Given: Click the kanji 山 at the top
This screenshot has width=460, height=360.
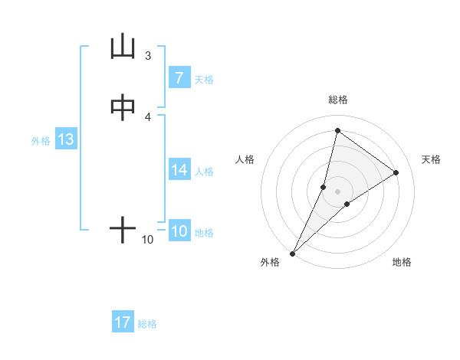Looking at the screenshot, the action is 123,47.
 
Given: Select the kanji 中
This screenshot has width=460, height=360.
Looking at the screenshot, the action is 123,108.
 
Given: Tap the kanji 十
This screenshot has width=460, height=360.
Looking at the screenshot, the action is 123,230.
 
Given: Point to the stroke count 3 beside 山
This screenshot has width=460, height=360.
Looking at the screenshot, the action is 148,56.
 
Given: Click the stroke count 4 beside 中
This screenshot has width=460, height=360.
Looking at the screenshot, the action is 148,116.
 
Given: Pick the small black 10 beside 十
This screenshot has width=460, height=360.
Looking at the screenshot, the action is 148,240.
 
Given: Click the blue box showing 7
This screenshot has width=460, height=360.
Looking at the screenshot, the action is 179,77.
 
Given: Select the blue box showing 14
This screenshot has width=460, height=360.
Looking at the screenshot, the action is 179,171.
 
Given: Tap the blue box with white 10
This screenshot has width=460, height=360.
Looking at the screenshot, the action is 179,231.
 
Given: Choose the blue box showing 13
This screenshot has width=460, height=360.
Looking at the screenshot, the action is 65,140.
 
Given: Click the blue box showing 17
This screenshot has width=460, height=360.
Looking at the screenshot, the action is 123,322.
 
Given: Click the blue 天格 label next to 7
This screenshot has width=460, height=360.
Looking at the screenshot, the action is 204,80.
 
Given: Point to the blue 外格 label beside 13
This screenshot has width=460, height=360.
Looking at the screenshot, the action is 41,141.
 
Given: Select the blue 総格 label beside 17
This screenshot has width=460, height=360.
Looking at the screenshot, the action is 147,324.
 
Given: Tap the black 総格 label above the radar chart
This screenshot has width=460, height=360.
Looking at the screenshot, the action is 338,100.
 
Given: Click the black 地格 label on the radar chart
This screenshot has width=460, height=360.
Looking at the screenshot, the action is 402,262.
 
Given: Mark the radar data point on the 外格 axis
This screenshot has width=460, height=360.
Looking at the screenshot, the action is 292,253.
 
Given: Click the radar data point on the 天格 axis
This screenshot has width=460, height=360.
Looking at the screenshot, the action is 396,173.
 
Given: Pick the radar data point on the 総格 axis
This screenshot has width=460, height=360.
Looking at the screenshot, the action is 337,130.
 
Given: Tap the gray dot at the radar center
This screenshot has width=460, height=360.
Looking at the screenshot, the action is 338,191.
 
